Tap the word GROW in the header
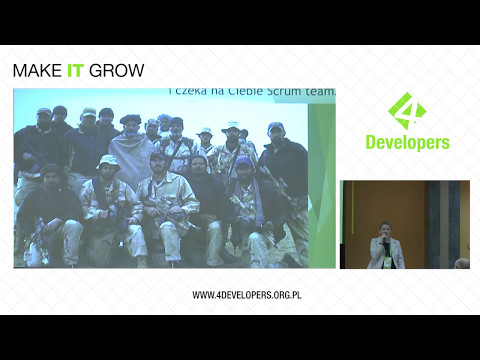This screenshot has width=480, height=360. (117, 71)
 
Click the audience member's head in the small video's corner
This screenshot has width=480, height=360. (462, 263)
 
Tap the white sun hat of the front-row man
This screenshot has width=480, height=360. (108, 161)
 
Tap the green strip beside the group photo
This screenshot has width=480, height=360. (321, 180)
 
